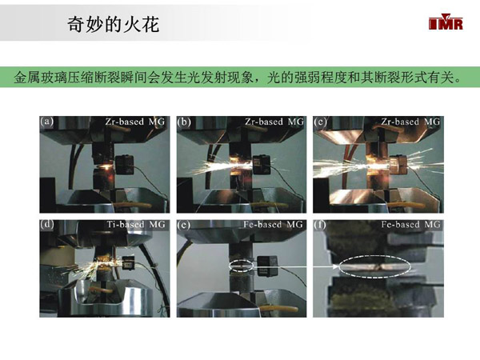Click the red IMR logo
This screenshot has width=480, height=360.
[446, 22]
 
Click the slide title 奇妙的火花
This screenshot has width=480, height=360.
[114, 25]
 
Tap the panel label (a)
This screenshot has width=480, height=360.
[47, 122]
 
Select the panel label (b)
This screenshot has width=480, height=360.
[184, 122]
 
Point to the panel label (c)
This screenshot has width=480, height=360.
[320, 122]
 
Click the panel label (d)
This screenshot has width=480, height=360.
[47, 224]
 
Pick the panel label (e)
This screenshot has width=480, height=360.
[184, 225]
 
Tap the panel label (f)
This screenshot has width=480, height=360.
[320, 225]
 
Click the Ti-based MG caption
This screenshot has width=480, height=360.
[136, 224]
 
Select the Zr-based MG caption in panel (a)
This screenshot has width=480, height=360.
[135, 122]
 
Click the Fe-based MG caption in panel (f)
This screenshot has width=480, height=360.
[411, 224]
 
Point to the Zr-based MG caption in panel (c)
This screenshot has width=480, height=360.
[410, 122]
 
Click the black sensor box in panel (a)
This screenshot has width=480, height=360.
[125, 165]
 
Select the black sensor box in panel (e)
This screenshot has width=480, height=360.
[267, 266]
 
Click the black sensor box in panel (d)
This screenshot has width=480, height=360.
[127, 262]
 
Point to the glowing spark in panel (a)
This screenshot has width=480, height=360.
[106, 166]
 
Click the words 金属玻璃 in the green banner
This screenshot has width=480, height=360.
[41, 77]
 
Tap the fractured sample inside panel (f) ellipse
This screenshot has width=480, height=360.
[374, 267]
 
